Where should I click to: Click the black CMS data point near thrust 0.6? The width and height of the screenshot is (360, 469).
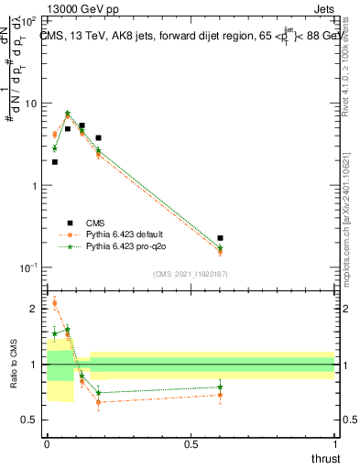click(x=220, y=238)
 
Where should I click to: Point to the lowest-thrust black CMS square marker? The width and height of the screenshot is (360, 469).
click(x=55, y=162)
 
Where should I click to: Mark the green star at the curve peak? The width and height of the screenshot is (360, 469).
click(x=68, y=114)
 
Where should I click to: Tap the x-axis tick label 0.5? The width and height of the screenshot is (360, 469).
click(x=191, y=444)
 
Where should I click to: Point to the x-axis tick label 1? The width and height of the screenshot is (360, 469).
click(x=334, y=444)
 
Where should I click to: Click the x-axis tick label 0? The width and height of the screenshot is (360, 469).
click(x=47, y=444)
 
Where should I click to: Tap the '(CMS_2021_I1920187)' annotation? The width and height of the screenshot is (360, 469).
click(x=191, y=274)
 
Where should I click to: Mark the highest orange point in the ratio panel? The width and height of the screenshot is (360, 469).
click(x=55, y=303)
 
